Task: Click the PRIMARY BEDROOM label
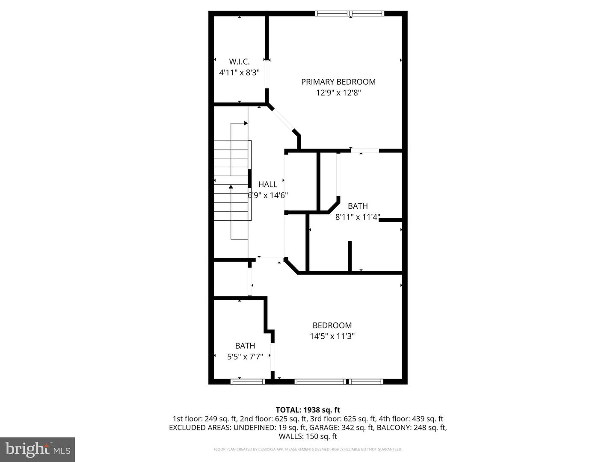(x=338, y=82)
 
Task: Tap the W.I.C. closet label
(x=239, y=62)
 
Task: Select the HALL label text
(x=268, y=184)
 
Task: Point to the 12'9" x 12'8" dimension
(x=338, y=93)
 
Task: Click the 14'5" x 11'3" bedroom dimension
(x=332, y=336)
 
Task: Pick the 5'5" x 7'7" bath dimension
(x=245, y=356)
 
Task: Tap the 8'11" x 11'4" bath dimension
(x=358, y=217)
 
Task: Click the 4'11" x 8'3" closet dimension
(x=239, y=73)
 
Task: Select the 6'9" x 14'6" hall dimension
(x=268, y=195)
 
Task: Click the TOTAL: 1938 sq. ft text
(x=308, y=410)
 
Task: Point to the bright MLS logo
(x=38, y=449)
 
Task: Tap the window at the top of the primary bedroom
(x=349, y=14)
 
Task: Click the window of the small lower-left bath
(x=248, y=381)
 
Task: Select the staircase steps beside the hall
(x=231, y=180)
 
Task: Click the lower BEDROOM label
(x=332, y=325)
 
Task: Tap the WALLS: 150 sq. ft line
(x=308, y=436)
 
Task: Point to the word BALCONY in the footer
(x=391, y=427)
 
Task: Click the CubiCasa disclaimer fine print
(x=308, y=449)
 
